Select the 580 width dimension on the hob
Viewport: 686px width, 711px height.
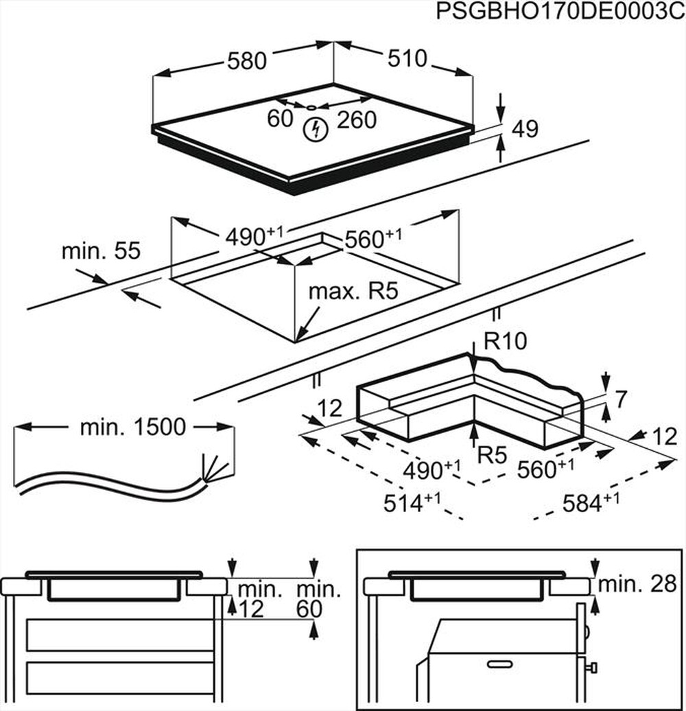point(246,61)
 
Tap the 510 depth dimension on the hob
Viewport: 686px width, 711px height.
point(407,59)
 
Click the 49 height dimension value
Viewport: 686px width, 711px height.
point(525,128)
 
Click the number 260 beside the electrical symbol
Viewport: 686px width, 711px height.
point(356,120)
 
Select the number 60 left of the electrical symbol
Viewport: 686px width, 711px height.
point(280,119)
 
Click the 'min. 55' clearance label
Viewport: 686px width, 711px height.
point(101,251)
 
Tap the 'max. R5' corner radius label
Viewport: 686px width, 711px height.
point(353,291)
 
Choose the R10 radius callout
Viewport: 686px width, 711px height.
point(506,341)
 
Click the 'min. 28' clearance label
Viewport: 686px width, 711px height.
point(637,584)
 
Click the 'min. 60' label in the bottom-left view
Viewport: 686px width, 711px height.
point(318,598)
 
